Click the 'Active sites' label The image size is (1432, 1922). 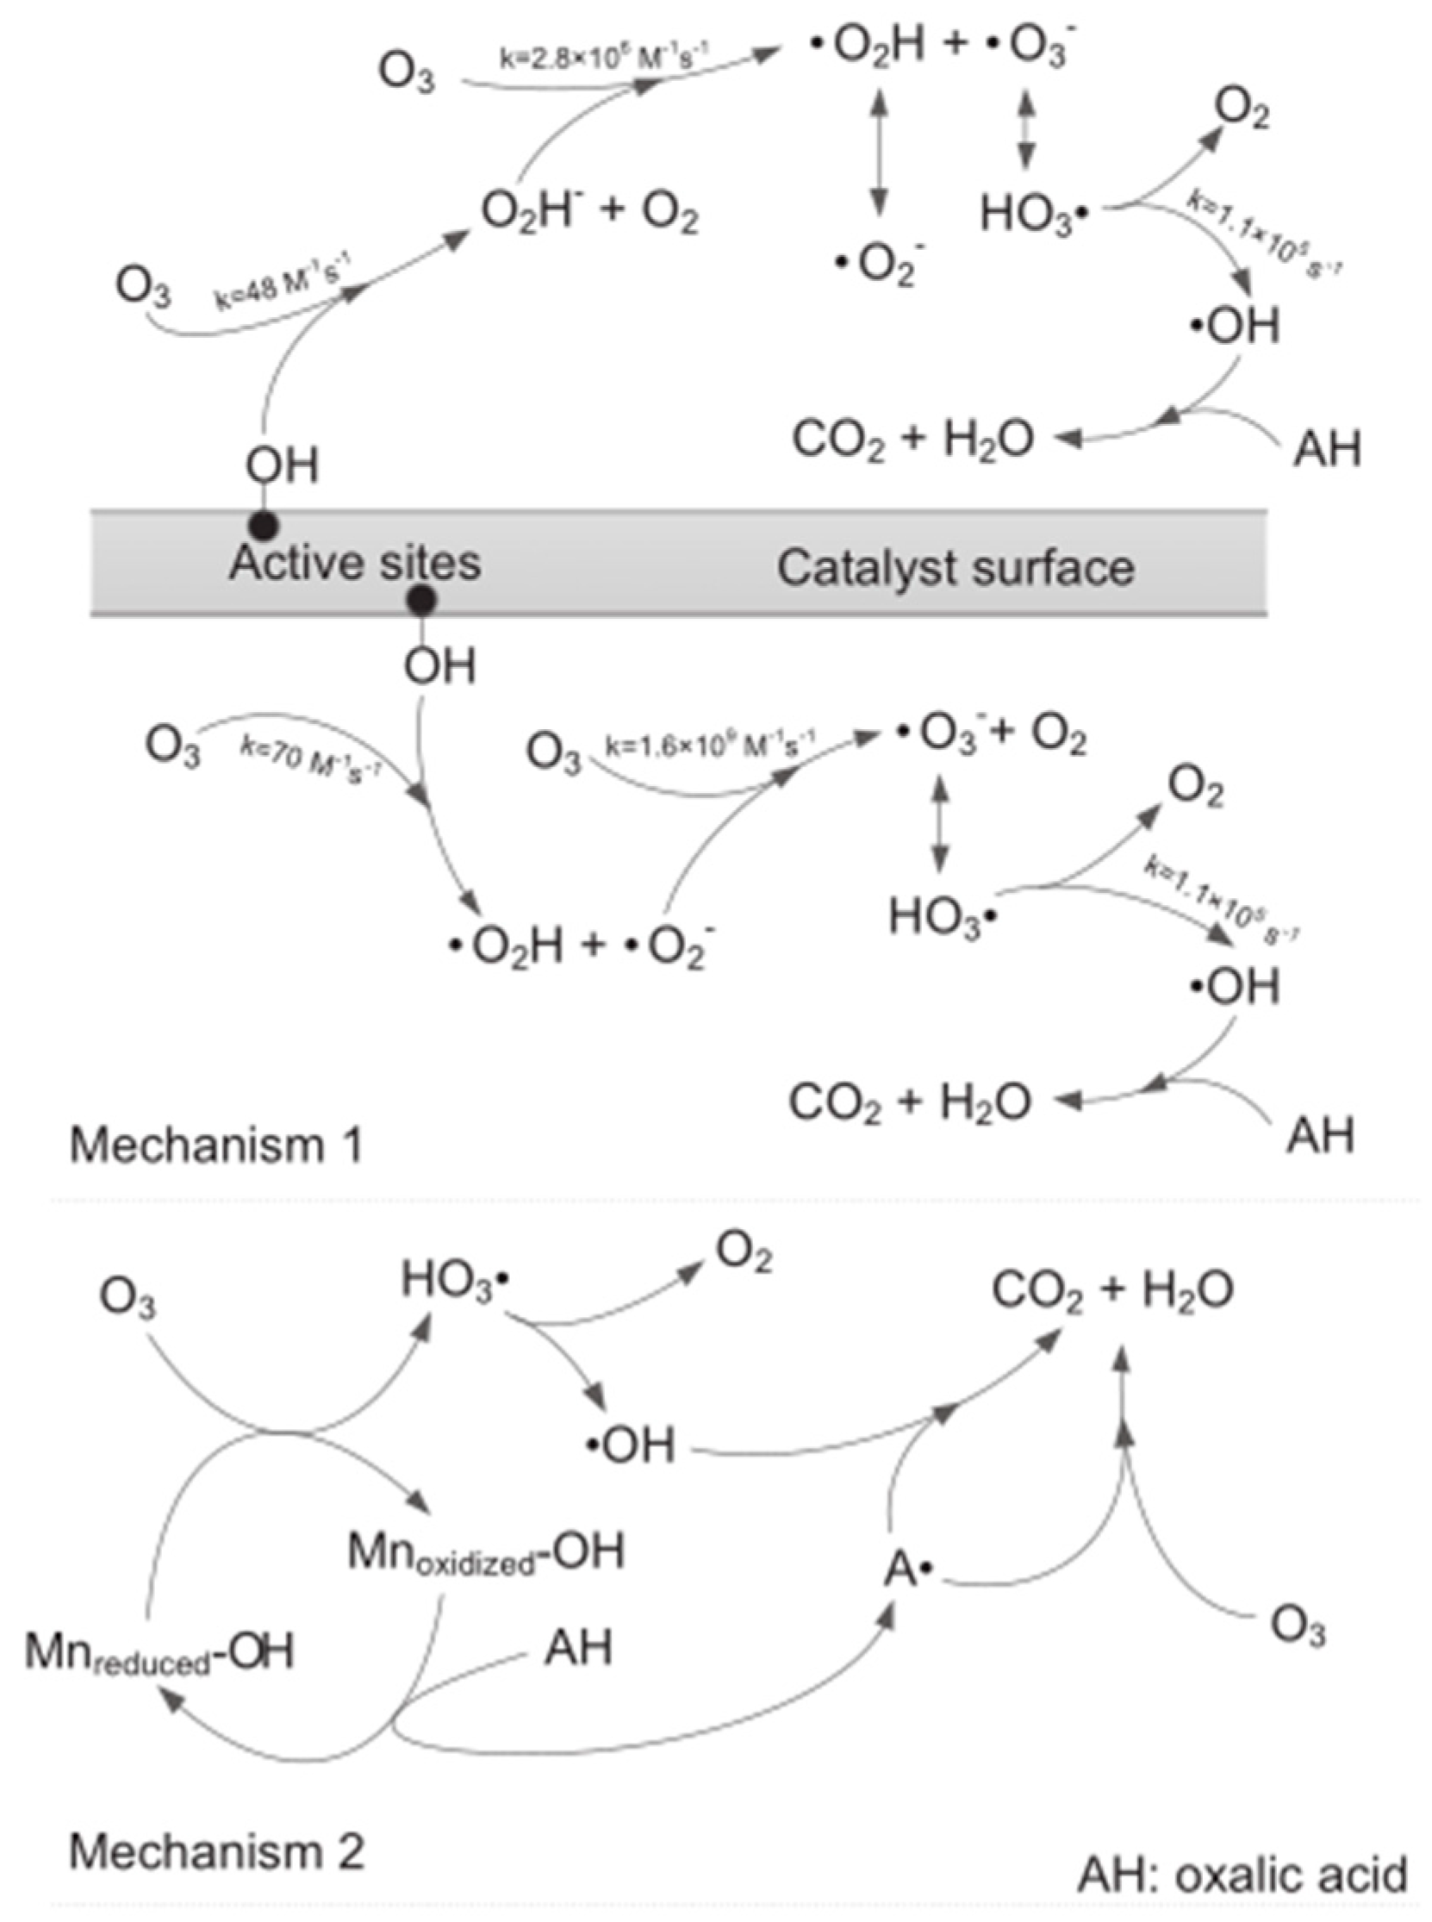(x=354, y=564)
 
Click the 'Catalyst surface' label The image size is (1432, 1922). (x=956, y=568)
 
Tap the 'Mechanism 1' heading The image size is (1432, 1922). (x=216, y=1145)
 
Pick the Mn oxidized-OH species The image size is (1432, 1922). (x=485, y=1551)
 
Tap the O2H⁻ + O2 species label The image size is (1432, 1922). (x=589, y=212)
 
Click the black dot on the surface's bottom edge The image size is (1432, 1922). (x=422, y=600)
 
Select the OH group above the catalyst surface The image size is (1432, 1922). (x=282, y=465)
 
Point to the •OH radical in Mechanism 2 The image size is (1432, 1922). (x=630, y=1445)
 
